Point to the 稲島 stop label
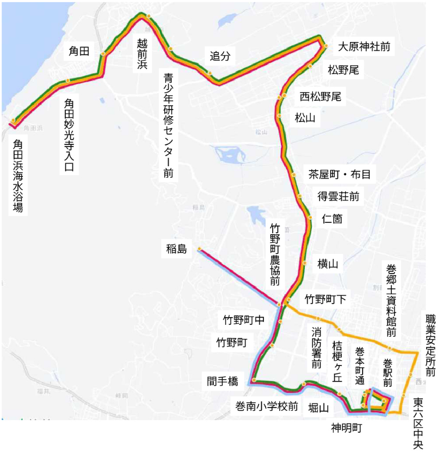click(177, 250)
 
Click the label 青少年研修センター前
click(168, 125)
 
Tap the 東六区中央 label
click(418, 423)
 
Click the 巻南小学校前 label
click(266, 405)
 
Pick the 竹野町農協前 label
click(275, 253)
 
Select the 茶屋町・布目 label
click(339, 174)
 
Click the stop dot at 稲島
click(199, 249)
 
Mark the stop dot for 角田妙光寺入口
click(68, 81)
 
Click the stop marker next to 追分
click(209, 72)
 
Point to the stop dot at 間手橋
click(254, 380)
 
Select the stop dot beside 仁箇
click(310, 217)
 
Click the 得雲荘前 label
click(338, 196)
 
